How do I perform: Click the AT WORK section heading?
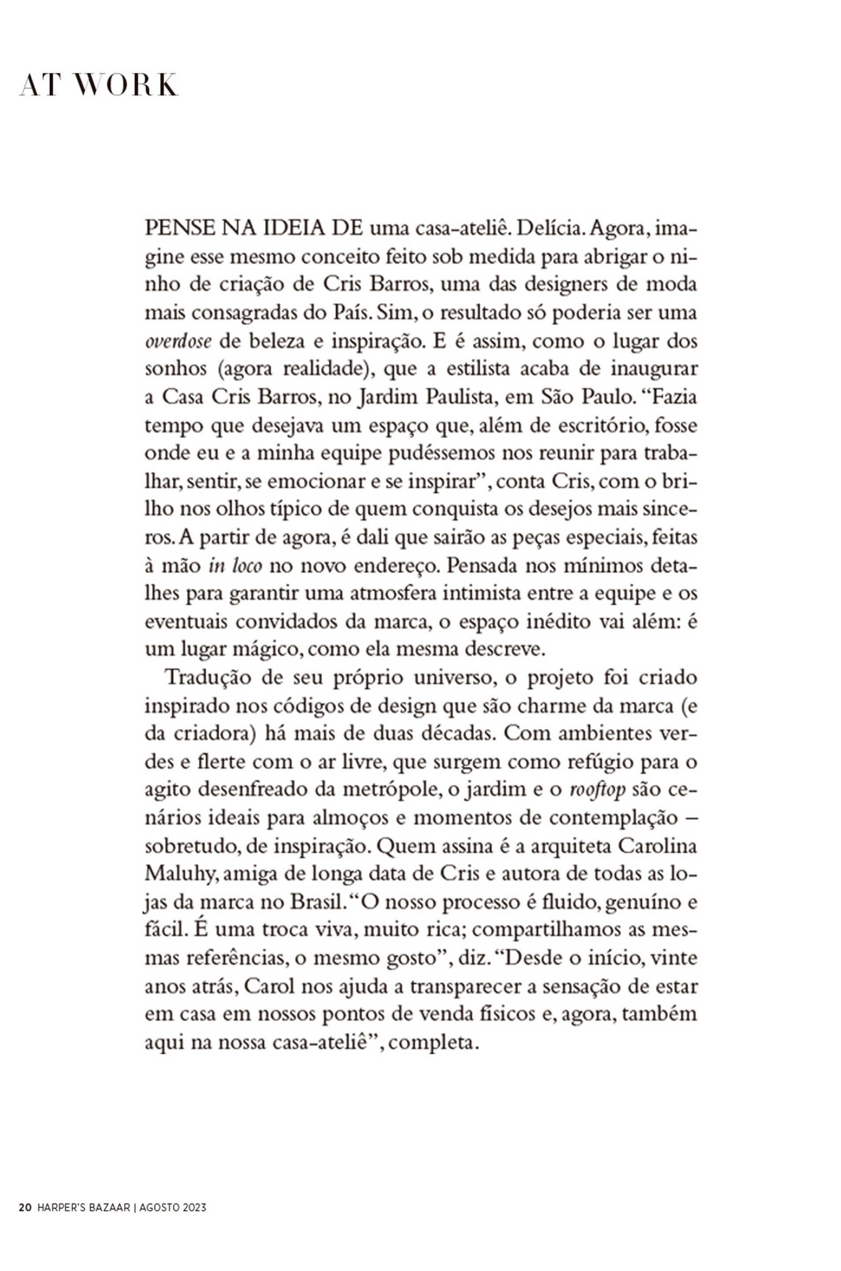tap(99, 85)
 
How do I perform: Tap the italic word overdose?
tap(179, 342)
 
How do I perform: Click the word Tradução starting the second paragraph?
tap(209, 678)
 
